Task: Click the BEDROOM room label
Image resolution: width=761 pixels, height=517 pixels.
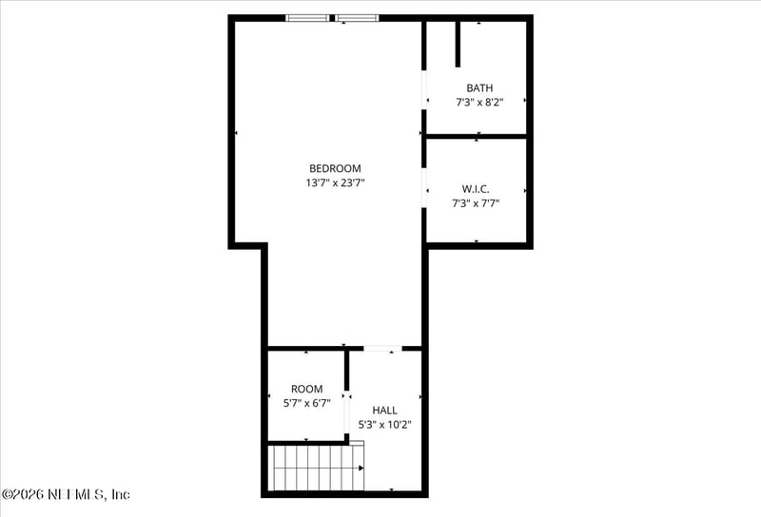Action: (x=335, y=168)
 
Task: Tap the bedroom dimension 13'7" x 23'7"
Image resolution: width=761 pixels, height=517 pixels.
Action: (x=335, y=182)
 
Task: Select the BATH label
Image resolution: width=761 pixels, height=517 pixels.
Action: (x=479, y=87)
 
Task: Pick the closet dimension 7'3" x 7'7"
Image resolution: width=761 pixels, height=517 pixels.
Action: (x=476, y=201)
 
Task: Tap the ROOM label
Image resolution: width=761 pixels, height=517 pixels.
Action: (x=306, y=389)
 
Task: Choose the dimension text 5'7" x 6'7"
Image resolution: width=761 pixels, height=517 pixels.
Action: (x=306, y=403)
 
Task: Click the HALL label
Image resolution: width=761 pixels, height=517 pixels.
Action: (x=384, y=410)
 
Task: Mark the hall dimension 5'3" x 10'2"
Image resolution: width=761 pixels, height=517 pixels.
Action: (x=384, y=425)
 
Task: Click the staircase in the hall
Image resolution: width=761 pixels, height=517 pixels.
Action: (x=317, y=468)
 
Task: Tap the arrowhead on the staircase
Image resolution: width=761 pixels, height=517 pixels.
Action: (x=361, y=468)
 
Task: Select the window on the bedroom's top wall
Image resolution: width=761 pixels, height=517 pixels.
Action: (x=333, y=17)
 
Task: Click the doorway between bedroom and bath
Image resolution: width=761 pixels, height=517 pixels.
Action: (x=424, y=90)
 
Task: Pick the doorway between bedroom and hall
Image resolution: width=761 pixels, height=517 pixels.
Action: (x=383, y=349)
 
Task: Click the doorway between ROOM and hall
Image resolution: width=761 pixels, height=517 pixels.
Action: (x=347, y=411)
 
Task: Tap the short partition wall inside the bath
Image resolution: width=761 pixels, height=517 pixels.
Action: (x=458, y=44)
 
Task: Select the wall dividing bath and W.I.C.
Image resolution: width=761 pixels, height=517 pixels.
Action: (x=476, y=137)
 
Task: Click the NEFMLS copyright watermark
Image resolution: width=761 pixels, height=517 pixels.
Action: (x=66, y=494)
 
